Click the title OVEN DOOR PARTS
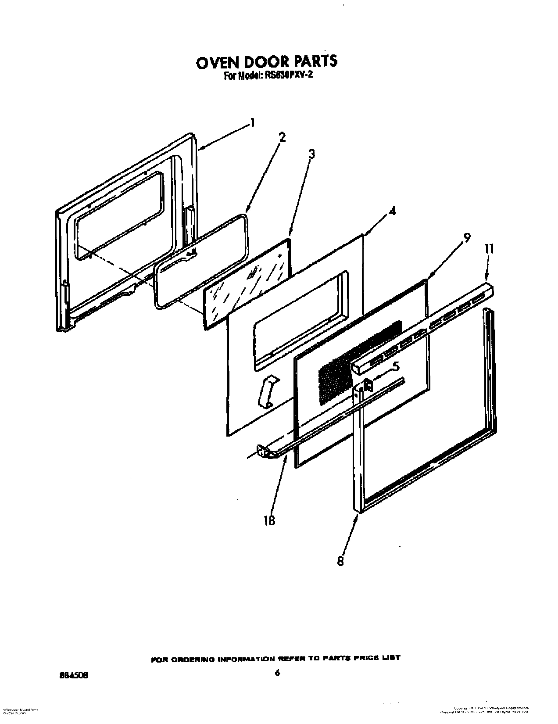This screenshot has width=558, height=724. pos(266,61)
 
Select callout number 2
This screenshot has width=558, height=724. pos(282,137)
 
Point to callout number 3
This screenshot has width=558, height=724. pos(311,154)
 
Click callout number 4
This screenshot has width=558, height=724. pos(392,211)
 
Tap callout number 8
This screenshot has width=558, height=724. pos(341,561)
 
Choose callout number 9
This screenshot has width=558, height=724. pos(467,237)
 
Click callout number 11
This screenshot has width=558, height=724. pos(489,249)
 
